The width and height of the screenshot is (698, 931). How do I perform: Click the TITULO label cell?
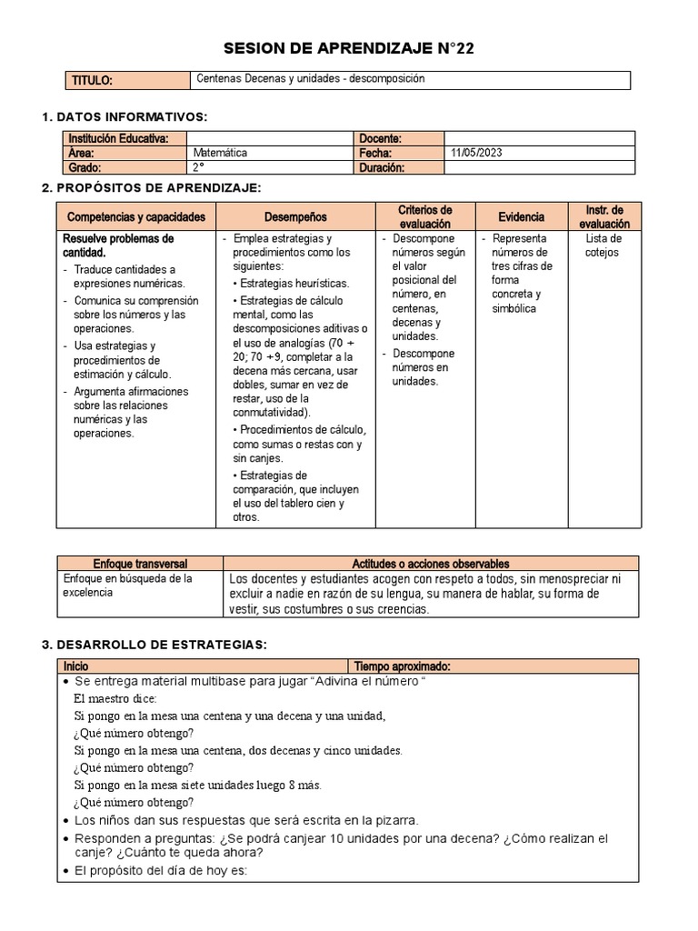92,81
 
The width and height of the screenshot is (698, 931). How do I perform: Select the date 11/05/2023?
474,153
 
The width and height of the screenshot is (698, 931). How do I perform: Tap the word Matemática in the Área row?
220,153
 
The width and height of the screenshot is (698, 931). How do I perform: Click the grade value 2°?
199,167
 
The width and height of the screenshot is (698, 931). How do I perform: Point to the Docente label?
381,138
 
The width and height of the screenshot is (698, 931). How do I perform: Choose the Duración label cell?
384,167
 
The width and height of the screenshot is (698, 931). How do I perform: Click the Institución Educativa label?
118,138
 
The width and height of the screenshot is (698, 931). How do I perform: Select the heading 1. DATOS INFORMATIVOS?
125,117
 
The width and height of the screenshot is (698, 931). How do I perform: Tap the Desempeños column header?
295,217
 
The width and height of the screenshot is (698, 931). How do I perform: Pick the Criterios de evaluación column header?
425,216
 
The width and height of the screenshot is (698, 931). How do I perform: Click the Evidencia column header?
522,217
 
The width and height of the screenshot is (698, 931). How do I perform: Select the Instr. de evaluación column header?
603,216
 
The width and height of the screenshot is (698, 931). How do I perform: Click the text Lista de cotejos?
603,245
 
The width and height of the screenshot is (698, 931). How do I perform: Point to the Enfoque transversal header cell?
139,564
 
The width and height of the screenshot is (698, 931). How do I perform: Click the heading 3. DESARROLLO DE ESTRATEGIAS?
155,644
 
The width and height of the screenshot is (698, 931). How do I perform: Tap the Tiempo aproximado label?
402,666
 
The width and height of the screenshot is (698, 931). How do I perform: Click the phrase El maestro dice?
115,698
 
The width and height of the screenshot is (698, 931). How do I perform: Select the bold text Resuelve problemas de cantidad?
117,245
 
